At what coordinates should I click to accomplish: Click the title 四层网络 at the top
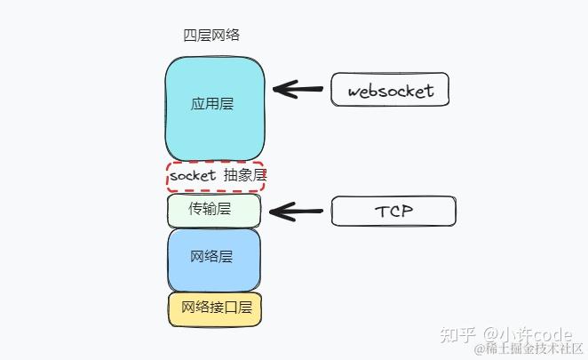tap(211, 36)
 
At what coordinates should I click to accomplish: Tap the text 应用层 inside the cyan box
tap(212, 104)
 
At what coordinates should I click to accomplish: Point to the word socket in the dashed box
tap(193, 176)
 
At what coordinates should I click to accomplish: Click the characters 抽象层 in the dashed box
tap(245, 176)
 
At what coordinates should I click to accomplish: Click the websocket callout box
tap(390, 91)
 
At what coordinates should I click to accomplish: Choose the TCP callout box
tap(393, 212)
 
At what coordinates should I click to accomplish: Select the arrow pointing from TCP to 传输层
tap(297, 212)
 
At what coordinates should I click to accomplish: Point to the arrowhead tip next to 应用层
tap(275, 89)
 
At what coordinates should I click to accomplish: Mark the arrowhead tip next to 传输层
tap(271, 212)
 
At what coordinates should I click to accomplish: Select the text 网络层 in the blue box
tap(212, 257)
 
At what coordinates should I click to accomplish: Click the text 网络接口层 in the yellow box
tap(216, 308)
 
